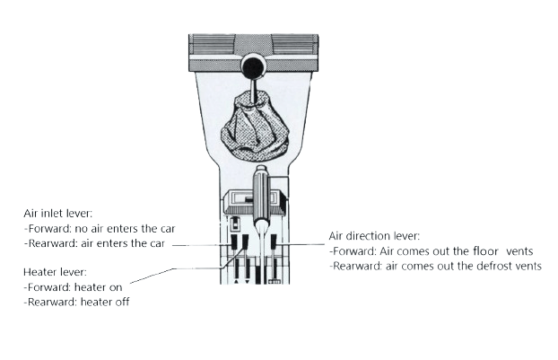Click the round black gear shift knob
pos(253,66)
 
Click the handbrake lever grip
pos(261,193)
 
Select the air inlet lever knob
pos(234,241)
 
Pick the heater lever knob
pos(245,241)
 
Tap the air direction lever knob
pos(274,241)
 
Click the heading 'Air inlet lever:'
pos(57,214)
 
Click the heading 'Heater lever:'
pos(55,272)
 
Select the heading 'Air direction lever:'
pos(374,236)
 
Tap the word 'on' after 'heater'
pos(116,287)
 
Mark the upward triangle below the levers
pos(236,282)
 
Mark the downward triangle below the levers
pos(248,282)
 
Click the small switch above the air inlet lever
pos(235,224)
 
